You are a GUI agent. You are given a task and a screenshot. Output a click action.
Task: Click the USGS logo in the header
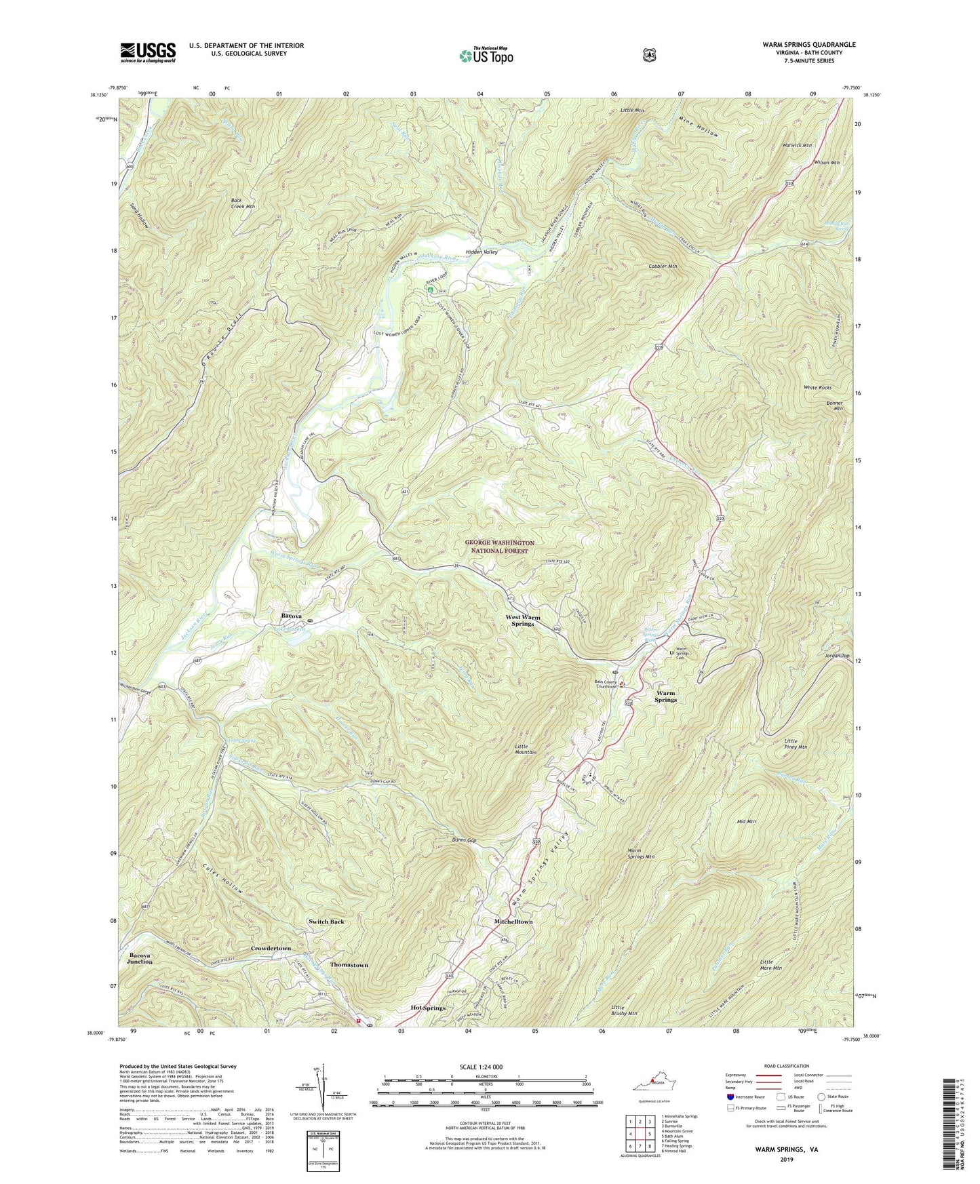148,52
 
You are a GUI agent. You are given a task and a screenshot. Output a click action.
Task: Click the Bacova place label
292,616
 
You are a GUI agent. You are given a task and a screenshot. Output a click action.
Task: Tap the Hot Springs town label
428,1008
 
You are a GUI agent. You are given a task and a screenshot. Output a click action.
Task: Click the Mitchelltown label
513,922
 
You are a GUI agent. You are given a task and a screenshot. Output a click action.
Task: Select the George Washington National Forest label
499,547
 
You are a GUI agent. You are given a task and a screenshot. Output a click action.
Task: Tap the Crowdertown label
271,948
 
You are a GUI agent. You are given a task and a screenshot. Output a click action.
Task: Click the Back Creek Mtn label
241,203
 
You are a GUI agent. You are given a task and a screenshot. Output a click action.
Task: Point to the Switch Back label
327,922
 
